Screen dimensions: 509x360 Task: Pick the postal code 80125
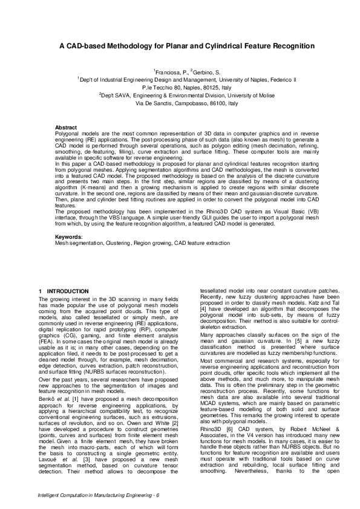(206, 87)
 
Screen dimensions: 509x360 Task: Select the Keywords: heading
(68, 236)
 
